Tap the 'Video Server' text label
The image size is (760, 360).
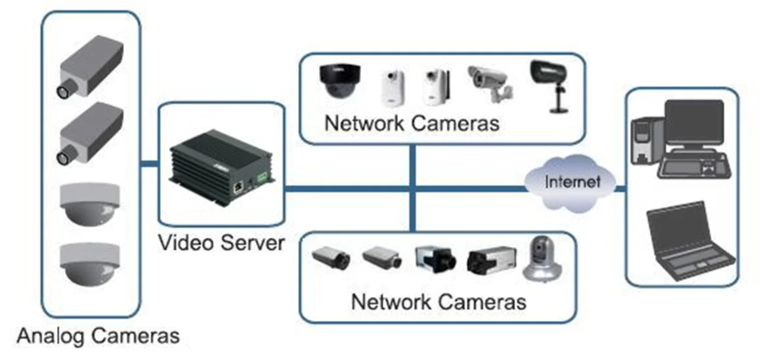tap(221, 243)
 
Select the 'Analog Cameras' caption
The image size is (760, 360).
tap(98, 336)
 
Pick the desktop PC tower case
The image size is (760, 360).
tap(644, 140)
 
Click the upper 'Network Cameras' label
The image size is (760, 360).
tap(412, 124)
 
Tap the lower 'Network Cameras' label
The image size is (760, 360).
tap(438, 301)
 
